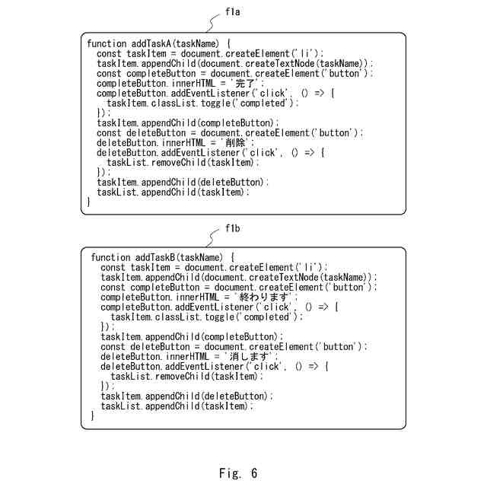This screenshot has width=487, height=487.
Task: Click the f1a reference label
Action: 233,13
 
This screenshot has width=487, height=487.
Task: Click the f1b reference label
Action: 233,228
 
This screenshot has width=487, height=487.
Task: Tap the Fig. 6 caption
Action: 238,473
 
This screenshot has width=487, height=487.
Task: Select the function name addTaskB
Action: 156,258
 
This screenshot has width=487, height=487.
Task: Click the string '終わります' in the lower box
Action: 264,298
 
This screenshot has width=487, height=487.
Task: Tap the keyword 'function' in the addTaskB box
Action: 110,258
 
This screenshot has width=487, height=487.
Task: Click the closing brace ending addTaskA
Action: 89,202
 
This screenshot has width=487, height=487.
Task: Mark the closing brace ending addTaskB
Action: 93,416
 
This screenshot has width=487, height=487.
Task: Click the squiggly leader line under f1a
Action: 209,24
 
